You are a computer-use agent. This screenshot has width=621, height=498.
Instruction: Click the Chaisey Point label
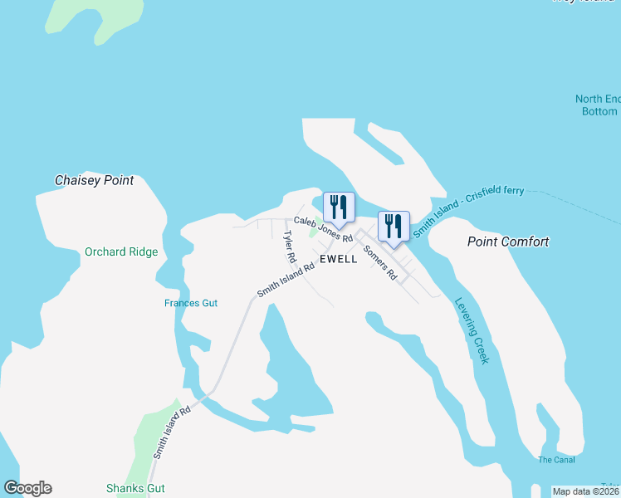click(94, 180)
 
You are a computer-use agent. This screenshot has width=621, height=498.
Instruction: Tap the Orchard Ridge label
click(121, 251)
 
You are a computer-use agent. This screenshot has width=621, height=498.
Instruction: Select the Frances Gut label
click(191, 303)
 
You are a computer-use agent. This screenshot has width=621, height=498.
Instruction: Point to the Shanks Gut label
click(135, 488)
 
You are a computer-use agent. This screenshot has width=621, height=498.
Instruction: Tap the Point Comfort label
click(508, 242)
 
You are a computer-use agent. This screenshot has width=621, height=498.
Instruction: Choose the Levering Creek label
click(472, 330)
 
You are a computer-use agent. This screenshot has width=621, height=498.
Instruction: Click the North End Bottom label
click(598, 105)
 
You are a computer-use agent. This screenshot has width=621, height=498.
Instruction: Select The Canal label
click(556, 460)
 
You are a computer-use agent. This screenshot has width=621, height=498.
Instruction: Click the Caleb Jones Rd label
click(324, 229)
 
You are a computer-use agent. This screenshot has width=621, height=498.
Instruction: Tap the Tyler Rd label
click(289, 247)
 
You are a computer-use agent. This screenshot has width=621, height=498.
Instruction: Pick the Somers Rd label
click(380, 263)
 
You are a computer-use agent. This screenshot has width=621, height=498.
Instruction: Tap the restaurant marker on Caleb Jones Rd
click(339, 206)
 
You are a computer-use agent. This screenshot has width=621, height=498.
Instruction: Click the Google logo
click(27, 488)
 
